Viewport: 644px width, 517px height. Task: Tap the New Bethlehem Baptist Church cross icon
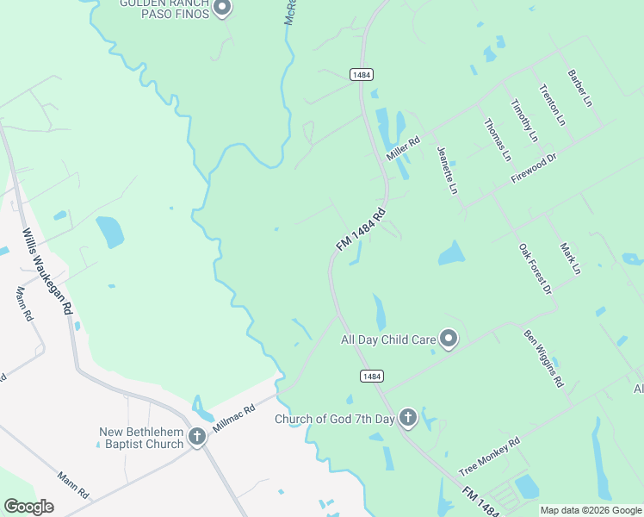197,437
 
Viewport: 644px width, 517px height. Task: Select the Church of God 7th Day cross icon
408,419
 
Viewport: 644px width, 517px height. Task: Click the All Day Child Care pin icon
448,339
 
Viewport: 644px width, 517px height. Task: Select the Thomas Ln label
498,140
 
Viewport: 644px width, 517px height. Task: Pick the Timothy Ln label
523,120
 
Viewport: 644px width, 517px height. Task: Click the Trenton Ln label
551,104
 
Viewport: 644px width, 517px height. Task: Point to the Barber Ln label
579,88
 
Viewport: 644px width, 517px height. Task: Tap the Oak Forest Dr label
535,270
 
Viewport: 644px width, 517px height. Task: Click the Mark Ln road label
570,258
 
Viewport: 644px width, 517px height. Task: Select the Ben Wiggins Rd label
543,357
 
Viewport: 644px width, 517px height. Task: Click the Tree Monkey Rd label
490,457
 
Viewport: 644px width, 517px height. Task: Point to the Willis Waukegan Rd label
47,271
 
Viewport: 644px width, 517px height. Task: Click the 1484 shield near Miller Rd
362,75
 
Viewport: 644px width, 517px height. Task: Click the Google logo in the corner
28,507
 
